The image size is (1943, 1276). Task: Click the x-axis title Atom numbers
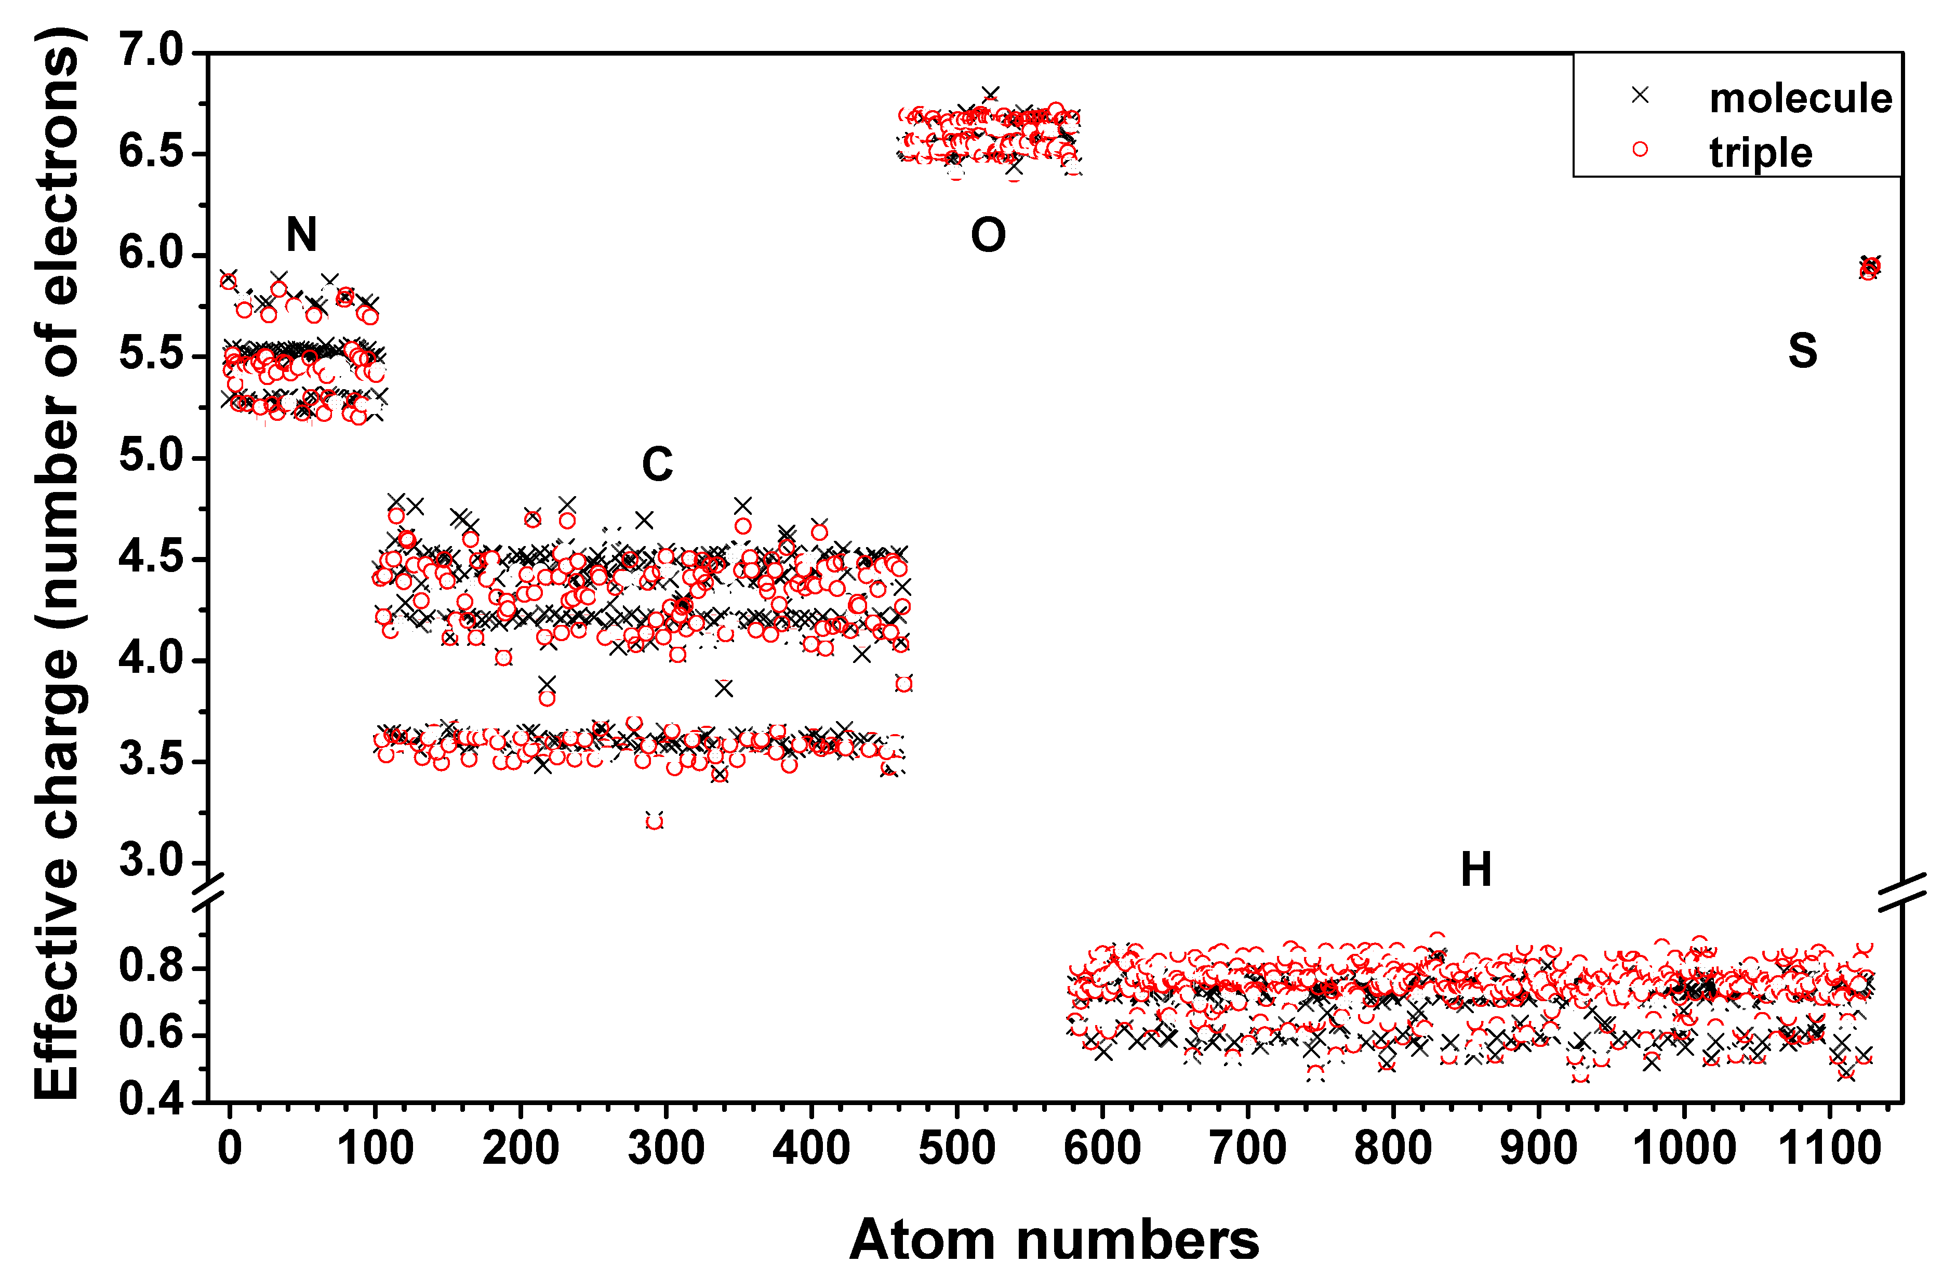pyautogui.click(x=1054, y=1239)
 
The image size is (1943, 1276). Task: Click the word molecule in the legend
pyautogui.click(x=1800, y=99)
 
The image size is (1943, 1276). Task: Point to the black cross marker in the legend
pyautogui.click(x=1640, y=96)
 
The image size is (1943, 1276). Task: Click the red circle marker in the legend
pyautogui.click(x=1640, y=150)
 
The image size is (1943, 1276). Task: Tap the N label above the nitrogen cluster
pyautogui.click(x=301, y=235)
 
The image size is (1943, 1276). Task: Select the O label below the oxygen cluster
pyautogui.click(x=988, y=235)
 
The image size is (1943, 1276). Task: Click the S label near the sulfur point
pyautogui.click(x=1803, y=351)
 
